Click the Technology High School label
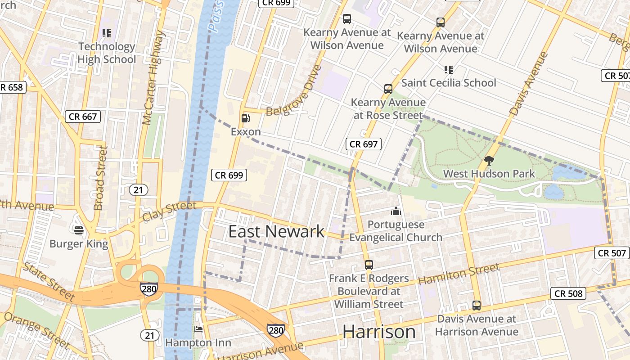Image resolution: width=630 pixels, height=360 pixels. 107,53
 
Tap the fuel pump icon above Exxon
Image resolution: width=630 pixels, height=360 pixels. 246,118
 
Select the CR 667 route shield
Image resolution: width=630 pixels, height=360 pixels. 82,117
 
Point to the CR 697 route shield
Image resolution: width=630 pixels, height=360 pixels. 364,144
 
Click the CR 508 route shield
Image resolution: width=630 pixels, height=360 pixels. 568,294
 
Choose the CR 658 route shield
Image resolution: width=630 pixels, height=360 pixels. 12,87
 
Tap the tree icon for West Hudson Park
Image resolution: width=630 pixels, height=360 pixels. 489,160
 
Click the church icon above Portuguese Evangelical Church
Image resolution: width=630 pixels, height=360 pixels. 396,211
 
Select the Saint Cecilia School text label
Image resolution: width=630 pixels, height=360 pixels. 449,83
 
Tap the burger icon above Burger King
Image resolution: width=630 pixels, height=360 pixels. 79,230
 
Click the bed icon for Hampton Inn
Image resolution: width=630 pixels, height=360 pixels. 198,329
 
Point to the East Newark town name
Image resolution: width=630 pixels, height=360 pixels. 276,231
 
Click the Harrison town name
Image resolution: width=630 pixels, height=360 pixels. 379,332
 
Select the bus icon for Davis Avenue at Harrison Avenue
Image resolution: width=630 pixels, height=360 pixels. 477,306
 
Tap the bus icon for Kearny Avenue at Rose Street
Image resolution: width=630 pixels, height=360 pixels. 388,89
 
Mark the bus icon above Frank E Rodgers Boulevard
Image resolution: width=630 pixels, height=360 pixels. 369,265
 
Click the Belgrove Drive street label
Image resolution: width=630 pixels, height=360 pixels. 295,90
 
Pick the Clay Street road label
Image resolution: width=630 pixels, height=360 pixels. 169,211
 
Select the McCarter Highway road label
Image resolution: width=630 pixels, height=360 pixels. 154,77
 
